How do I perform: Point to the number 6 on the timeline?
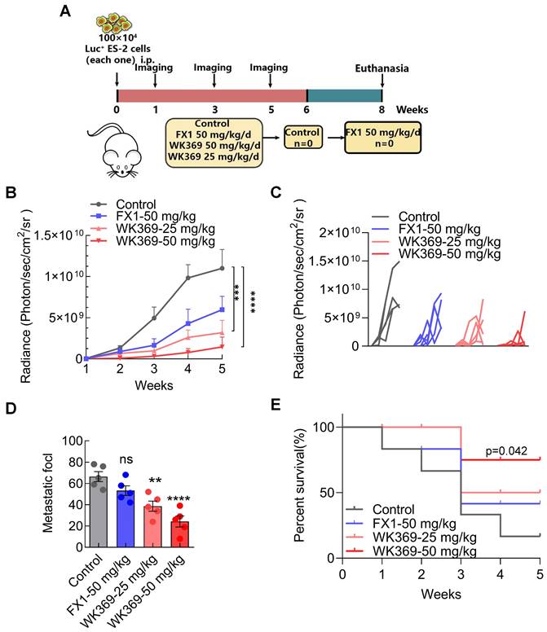pyautogui.click(x=307, y=109)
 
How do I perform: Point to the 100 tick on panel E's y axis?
pyautogui.click(x=322, y=427)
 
